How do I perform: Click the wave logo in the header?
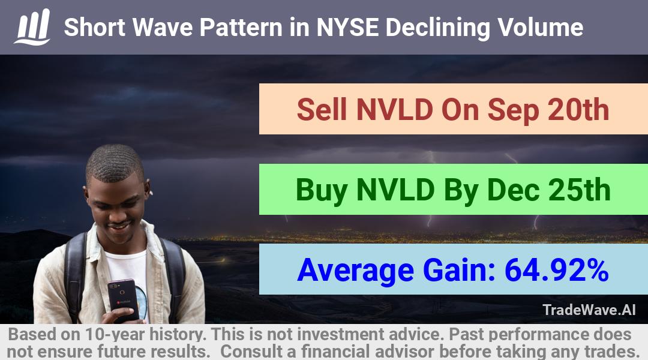coord(32,27)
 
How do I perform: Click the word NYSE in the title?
coord(347,27)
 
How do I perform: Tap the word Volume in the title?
coord(540,27)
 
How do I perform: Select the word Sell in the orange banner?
coord(322,110)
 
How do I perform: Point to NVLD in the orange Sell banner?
coord(395,110)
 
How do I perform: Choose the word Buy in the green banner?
coord(322,191)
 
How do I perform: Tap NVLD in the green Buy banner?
coord(395,190)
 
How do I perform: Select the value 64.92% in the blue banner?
coord(556,270)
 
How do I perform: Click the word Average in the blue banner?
coord(355,271)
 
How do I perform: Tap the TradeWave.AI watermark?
coord(589,310)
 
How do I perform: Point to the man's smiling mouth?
coord(119,226)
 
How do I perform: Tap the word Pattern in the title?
coord(241,27)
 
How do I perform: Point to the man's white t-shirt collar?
coord(125,252)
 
